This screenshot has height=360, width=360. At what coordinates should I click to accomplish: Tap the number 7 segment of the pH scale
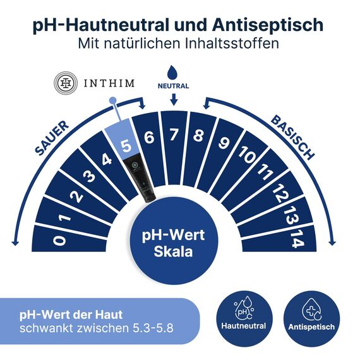(174, 133)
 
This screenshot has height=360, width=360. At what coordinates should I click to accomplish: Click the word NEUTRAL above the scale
(174, 85)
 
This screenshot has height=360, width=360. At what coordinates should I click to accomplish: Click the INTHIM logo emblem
(64, 83)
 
